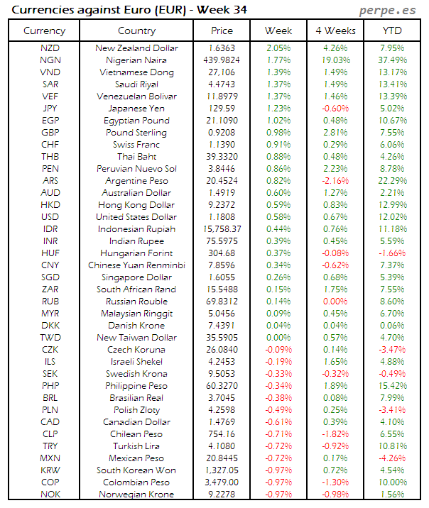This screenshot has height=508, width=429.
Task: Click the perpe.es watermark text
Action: pyautogui.click(x=389, y=10)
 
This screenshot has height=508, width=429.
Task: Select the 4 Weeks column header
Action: pyautogui.click(x=335, y=31)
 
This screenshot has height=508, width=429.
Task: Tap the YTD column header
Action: pyautogui.click(x=393, y=31)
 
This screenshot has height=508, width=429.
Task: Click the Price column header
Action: pyautogui.click(x=222, y=31)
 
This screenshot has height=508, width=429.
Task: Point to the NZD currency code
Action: pyautogui.click(x=50, y=48)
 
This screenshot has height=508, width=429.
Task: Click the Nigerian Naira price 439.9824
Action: pyautogui.click(x=222, y=60)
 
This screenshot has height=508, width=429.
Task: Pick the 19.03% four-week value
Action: pyautogui.click(x=335, y=60)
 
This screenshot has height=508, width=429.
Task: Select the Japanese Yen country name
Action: pyautogui.click(x=136, y=109)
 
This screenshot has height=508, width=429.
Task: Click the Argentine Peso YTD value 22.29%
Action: pyautogui.click(x=393, y=181)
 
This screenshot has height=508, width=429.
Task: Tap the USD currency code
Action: pyautogui.click(x=50, y=217)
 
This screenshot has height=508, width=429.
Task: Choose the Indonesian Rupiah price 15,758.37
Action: pyautogui.click(x=222, y=229)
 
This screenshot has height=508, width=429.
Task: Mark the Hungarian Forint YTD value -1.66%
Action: pyautogui.click(x=393, y=253)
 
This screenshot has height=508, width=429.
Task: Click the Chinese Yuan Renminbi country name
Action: pyautogui.click(x=136, y=265)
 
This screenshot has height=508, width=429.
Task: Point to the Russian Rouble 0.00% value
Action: pyautogui.click(x=335, y=302)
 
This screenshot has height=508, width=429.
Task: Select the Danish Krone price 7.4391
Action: pyautogui.click(x=222, y=326)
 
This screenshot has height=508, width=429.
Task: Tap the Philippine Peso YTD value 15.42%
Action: pyautogui.click(x=393, y=386)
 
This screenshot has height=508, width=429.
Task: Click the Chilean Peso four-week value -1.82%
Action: pyautogui.click(x=335, y=434)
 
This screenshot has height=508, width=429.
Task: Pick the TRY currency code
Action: pyautogui.click(x=50, y=446)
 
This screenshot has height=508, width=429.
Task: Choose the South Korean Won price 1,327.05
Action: pyautogui.click(x=222, y=470)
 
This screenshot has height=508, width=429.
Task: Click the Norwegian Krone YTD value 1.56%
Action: pyautogui.click(x=393, y=495)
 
